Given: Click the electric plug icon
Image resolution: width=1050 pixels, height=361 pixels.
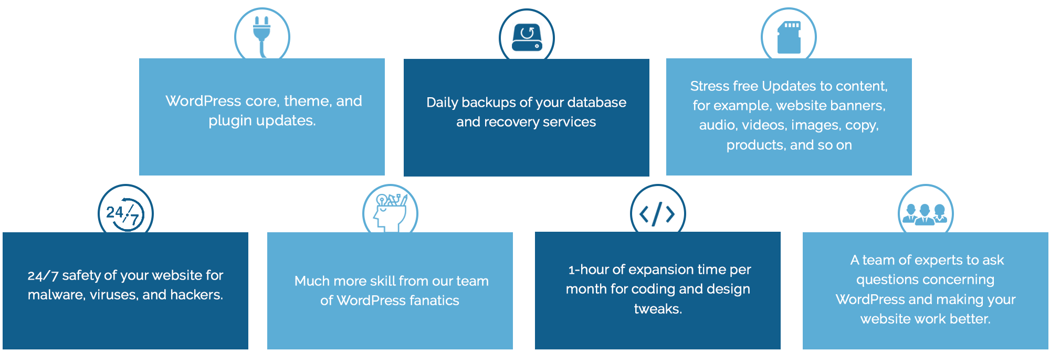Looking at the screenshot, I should pyautogui.click(x=261, y=34).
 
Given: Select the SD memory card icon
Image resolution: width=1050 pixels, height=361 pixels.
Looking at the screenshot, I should pyautogui.click(x=789, y=37).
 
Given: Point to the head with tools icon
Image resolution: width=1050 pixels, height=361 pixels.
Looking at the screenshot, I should pyautogui.click(x=390, y=212).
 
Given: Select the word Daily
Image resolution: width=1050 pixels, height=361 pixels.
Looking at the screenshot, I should pyautogui.click(x=442, y=102).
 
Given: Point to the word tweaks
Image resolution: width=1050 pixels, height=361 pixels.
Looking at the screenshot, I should pyautogui.click(x=657, y=309).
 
